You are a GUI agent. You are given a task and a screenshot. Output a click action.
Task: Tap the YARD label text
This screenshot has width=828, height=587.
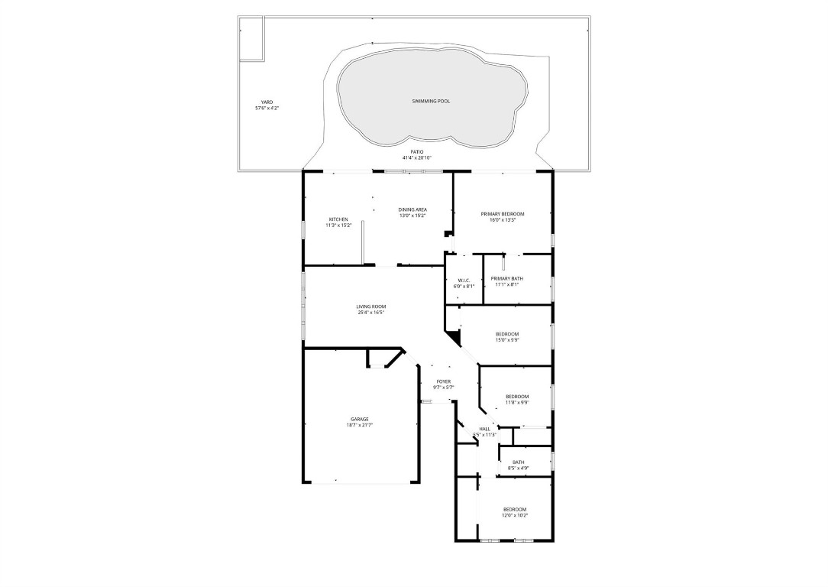click(x=267, y=102)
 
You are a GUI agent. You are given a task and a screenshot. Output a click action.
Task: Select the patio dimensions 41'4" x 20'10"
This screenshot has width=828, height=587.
click(x=417, y=157)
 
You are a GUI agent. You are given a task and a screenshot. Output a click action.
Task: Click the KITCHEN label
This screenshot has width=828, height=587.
click(x=338, y=219)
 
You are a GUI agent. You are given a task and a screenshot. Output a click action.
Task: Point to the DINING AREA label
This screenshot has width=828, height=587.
click(x=412, y=209)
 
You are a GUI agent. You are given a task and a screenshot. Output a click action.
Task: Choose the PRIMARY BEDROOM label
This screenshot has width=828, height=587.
click(x=503, y=213)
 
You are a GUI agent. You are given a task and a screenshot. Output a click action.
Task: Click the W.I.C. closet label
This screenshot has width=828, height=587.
click(x=464, y=280)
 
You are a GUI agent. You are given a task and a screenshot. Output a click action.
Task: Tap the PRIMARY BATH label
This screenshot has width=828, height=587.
click(x=506, y=278)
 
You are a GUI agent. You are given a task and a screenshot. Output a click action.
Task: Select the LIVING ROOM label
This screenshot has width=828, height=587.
click(x=370, y=306)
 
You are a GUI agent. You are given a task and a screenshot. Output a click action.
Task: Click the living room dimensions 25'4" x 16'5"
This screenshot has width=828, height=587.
click(x=370, y=313)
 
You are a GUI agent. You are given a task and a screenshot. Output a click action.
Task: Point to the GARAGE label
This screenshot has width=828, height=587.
click(x=360, y=419)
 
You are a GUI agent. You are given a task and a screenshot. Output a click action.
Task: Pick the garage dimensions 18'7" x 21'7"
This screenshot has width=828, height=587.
click(x=360, y=425)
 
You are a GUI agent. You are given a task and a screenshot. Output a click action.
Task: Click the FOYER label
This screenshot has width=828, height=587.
click(x=444, y=381)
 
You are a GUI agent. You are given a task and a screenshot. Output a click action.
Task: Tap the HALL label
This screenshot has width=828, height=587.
click(x=484, y=429)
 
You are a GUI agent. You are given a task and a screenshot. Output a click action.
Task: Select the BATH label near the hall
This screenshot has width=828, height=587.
click(x=519, y=462)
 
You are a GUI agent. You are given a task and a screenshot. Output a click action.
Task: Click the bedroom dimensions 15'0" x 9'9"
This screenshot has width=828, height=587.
click(x=507, y=340)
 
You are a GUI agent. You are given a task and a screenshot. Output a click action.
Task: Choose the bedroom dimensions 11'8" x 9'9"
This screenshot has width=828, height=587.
click(x=517, y=402)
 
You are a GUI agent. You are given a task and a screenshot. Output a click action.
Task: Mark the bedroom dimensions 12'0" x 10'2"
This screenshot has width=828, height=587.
click(x=514, y=515)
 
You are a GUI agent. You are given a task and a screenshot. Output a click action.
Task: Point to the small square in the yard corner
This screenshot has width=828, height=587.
click(x=251, y=38)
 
